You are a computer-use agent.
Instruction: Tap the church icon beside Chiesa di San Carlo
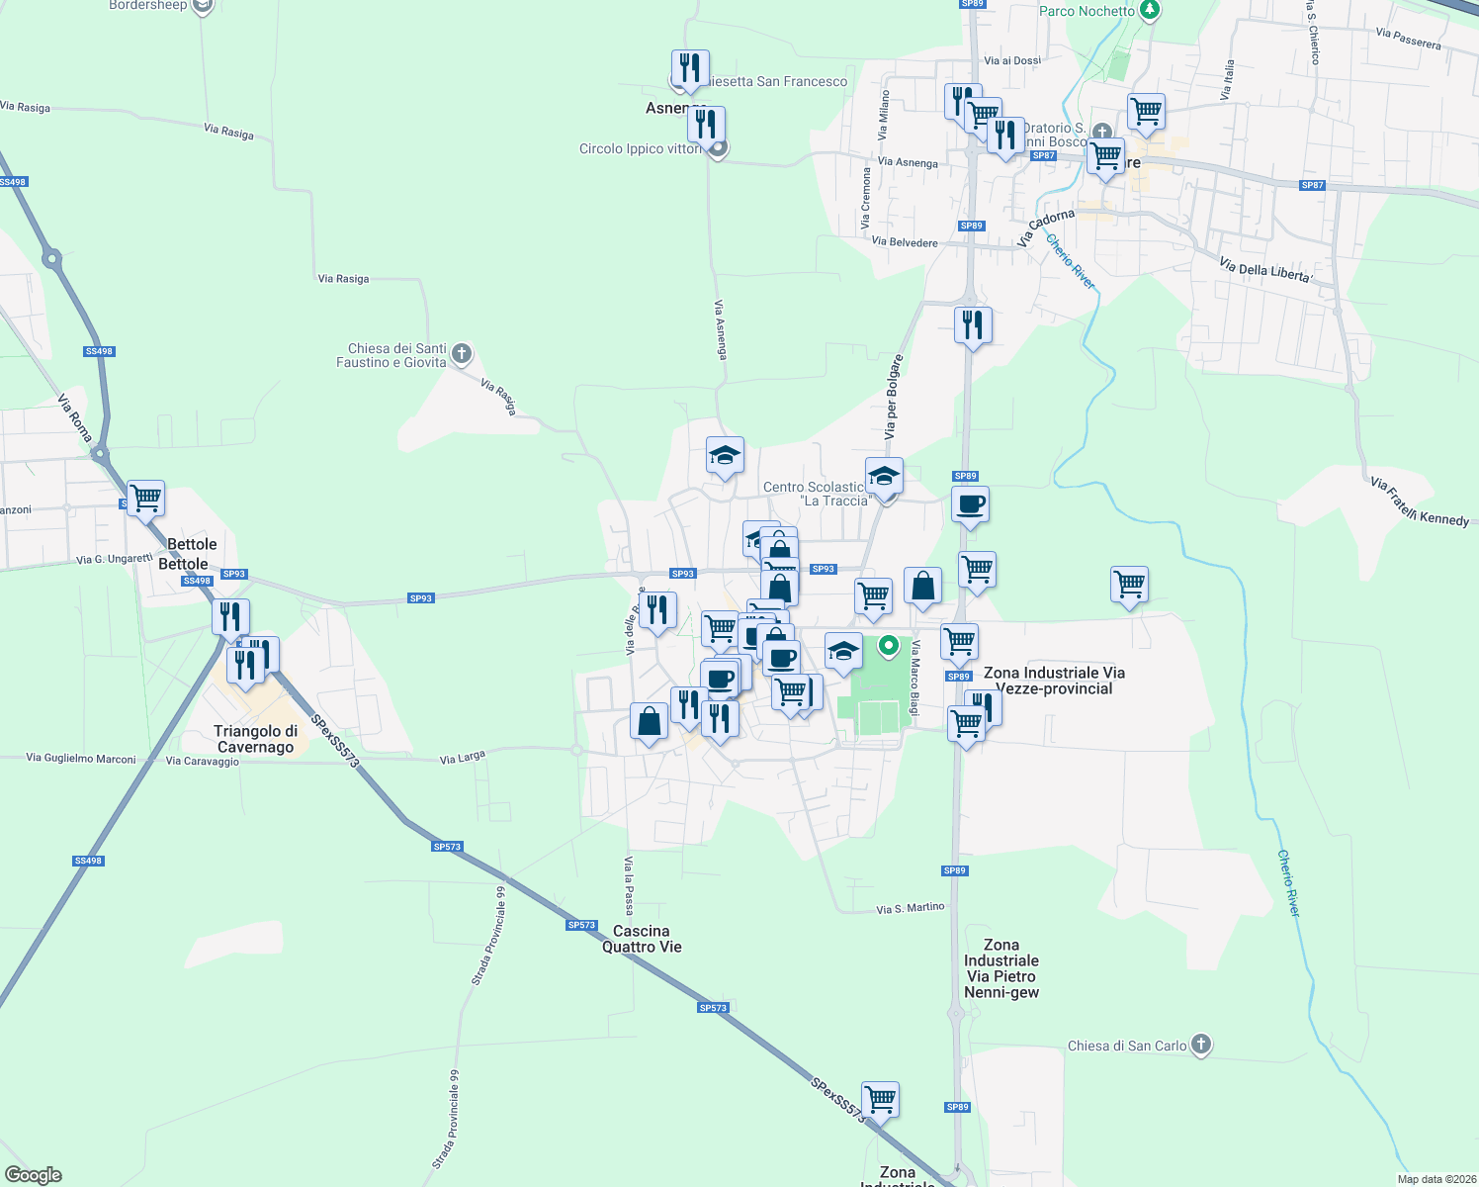click(x=1200, y=1045)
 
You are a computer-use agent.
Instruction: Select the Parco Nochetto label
click(x=1087, y=11)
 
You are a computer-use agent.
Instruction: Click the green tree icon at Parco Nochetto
click(x=1149, y=10)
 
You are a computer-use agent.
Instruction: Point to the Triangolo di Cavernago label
click(x=255, y=739)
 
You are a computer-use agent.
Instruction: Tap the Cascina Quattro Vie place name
click(x=642, y=939)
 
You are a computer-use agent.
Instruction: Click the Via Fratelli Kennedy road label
click(x=1419, y=502)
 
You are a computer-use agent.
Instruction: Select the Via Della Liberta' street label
click(x=1264, y=270)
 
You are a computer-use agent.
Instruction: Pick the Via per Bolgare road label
click(x=893, y=397)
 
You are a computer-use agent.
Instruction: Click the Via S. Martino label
click(x=911, y=908)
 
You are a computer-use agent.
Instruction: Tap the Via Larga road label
click(x=463, y=758)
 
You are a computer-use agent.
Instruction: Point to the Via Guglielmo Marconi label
click(x=81, y=759)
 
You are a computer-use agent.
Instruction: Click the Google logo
click(x=34, y=1175)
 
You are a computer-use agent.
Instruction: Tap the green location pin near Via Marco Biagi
click(x=889, y=646)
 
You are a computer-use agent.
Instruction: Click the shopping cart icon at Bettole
click(x=145, y=498)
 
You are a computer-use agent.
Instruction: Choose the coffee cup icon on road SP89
click(x=971, y=503)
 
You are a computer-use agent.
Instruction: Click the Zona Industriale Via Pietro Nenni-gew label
click(x=1001, y=968)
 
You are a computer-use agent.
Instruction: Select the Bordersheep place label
click(x=148, y=5)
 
